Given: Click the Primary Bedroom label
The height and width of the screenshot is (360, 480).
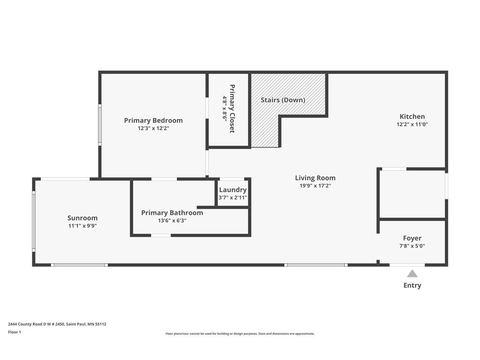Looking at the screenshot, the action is click(153, 120).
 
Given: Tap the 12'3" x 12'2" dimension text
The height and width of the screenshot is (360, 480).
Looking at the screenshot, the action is click(153, 128).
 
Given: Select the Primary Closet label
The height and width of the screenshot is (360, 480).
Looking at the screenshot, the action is click(232, 109).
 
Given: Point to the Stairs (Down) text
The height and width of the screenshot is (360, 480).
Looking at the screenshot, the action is click(283, 100).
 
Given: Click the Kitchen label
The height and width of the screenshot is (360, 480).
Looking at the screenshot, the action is click(412, 117).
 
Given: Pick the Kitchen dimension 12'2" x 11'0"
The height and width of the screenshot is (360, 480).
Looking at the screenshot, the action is click(412, 124).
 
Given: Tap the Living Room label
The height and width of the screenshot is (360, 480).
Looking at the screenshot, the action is click(315, 178).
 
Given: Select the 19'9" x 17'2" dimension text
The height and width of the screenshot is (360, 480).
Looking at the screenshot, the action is click(315, 186).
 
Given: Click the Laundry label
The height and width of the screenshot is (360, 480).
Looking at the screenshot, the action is click(233, 190).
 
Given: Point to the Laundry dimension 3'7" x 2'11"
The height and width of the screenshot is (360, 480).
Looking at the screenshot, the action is click(233, 198).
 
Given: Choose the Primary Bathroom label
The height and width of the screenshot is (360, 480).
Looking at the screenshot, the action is click(172, 213).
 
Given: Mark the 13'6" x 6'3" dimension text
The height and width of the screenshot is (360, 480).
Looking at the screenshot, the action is click(172, 220).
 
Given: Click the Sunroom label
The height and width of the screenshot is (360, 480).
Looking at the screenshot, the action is click(82, 218).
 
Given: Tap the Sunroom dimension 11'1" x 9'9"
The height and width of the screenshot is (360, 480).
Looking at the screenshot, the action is click(82, 226).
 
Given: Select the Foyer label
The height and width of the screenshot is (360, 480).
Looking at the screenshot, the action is click(412, 238).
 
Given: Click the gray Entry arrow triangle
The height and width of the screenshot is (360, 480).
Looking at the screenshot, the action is click(412, 274).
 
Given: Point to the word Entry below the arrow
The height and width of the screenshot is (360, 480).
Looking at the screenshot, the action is click(412, 285).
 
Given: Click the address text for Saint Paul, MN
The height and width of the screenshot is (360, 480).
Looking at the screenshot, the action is click(57, 324).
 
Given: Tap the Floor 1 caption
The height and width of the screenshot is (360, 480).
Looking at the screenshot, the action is click(15, 332).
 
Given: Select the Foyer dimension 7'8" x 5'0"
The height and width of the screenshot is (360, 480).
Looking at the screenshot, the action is click(412, 246).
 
